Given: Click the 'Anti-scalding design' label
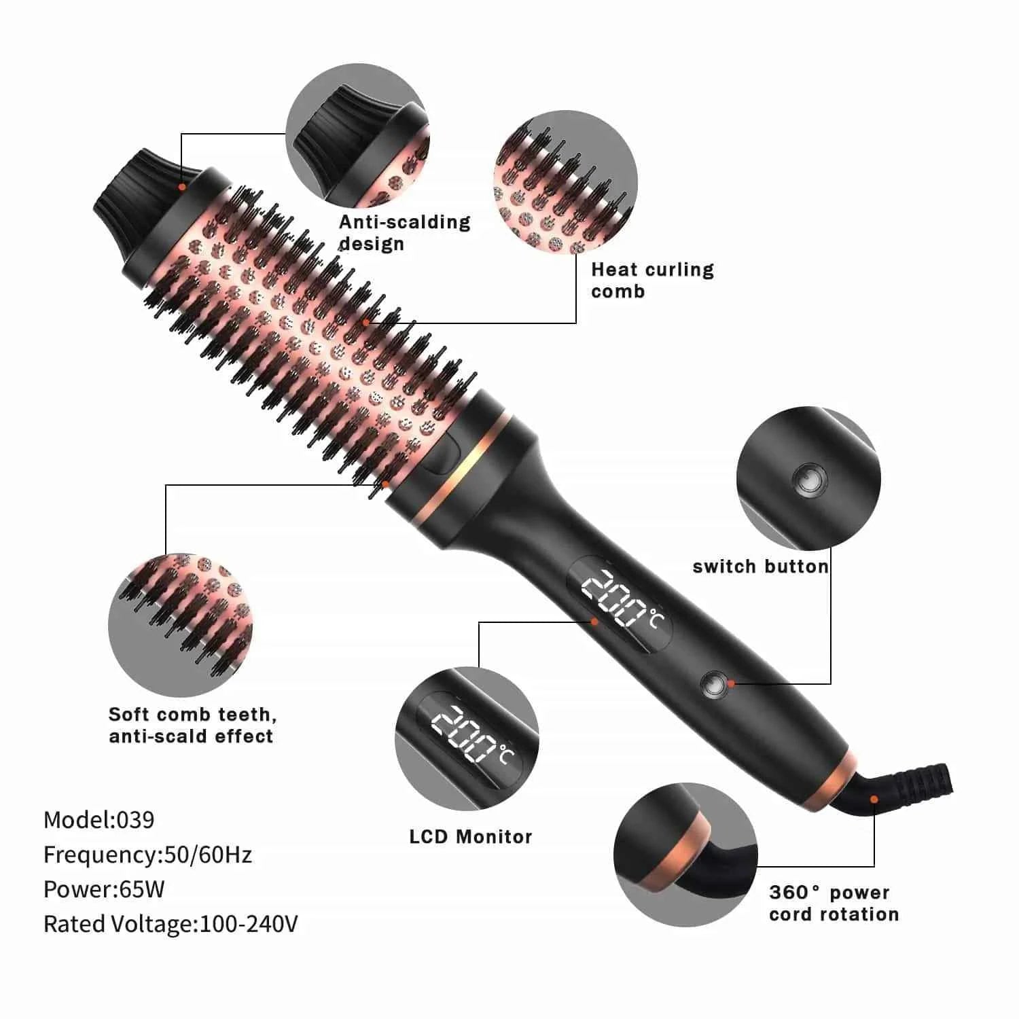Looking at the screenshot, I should point(404,232).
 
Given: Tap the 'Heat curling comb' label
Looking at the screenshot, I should point(652,280).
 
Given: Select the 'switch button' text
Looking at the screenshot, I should point(760,567).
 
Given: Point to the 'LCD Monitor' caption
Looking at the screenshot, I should point(470,836).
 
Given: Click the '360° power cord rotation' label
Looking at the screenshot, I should point(834,903).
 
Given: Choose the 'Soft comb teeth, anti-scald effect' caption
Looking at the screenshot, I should point(192,725).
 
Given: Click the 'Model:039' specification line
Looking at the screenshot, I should point(99,820).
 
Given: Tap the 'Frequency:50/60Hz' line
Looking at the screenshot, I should point(147,855).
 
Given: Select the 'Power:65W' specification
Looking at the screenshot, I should point(104,889).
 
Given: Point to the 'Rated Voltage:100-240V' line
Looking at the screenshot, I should point(171,924).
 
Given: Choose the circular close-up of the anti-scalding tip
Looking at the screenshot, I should point(357,136).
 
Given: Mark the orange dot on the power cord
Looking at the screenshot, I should point(874,799).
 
